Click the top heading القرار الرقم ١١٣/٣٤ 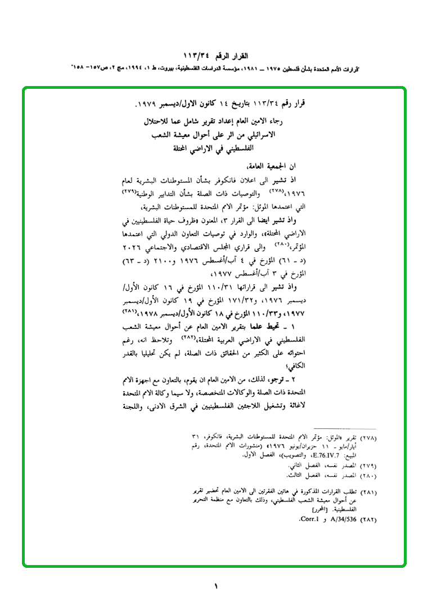[x=216, y=56]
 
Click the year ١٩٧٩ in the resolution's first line [x=147, y=105]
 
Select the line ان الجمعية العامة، [x=272, y=166]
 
